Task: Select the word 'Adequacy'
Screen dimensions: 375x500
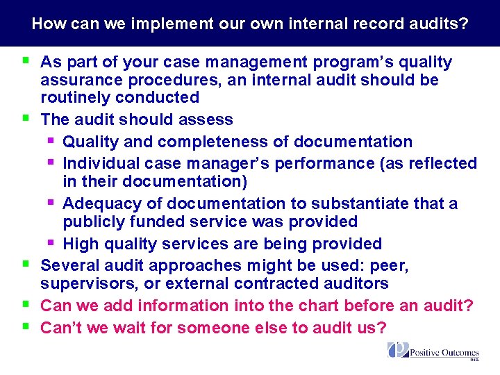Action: pos(96,203)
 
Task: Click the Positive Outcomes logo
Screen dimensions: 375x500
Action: pos(433,352)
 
